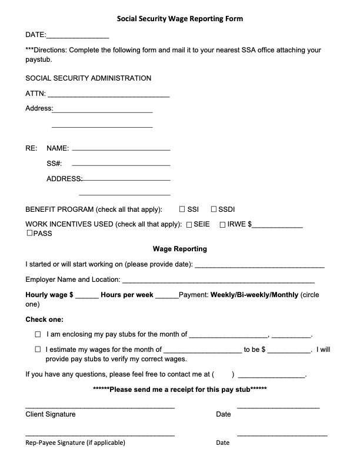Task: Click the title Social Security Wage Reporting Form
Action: [x=179, y=19]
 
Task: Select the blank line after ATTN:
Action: [x=108, y=95]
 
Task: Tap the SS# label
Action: [x=54, y=164]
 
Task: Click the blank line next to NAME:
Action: [x=121, y=149]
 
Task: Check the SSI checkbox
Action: [x=182, y=209]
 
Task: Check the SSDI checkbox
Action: [x=214, y=209]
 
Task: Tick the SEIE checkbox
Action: [x=189, y=224]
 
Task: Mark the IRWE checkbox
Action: [x=223, y=224]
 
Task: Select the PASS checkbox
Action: [x=29, y=234]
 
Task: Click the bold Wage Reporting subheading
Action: [x=179, y=249]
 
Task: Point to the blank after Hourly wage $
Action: [x=87, y=296]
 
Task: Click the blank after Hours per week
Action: [x=166, y=296]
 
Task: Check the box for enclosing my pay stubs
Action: [x=38, y=334]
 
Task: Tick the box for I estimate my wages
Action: [x=38, y=349]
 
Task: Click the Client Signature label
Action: [x=51, y=414]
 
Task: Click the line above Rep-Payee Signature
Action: [x=99, y=435]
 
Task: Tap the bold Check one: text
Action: [x=44, y=319]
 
